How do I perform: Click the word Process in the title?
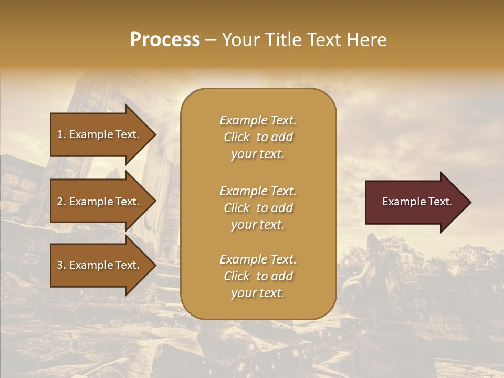[x=165, y=39]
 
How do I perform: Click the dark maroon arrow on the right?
[x=415, y=202]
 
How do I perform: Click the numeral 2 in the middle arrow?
[x=60, y=202]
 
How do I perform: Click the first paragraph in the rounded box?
[x=258, y=137]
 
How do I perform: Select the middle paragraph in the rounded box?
[x=258, y=208]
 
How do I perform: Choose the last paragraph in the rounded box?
[x=258, y=276]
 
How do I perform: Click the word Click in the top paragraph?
[x=237, y=137]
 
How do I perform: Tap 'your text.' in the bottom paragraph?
[x=258, y=293]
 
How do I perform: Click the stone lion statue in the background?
[x=367, y=268]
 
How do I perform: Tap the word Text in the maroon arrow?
[x=440, y=202]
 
